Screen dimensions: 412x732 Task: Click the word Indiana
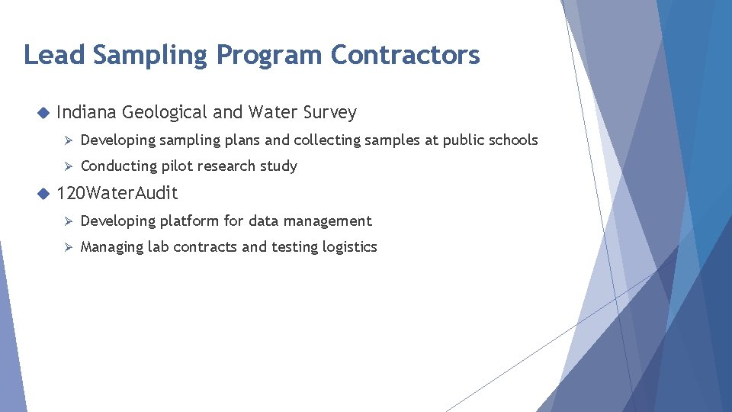(86, 112)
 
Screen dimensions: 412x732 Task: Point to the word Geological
(164, 113)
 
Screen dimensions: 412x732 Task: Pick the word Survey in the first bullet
(329, 113)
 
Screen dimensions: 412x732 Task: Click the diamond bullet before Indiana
(42, 113)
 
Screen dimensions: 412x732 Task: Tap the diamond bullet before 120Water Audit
(42, 194)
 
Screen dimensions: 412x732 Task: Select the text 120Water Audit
(117, 194)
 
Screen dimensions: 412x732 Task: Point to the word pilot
(175, 166)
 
